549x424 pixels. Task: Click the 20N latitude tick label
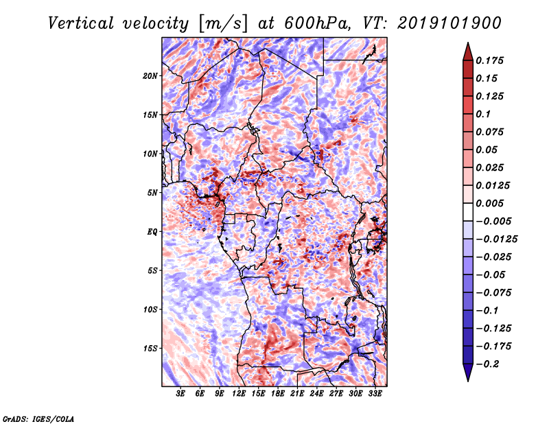(x=150, y=75)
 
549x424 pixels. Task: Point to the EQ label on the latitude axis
(x=153, y=232)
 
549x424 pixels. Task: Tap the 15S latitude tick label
(x=150, y=349)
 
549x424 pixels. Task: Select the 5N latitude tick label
(x=152, y=193)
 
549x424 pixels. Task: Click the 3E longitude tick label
(x=181, y=394)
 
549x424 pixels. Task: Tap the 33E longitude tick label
(x=375, y=394)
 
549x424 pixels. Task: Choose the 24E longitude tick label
(x=316, y=394)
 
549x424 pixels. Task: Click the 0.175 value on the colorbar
(x=491, y=60)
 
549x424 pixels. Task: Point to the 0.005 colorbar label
(x=491, y=204)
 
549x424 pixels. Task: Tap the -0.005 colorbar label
(x=494, y=222)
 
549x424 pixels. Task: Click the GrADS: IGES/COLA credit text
(x=38, y=419)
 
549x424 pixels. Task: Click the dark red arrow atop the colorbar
(x=467, y=50)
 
